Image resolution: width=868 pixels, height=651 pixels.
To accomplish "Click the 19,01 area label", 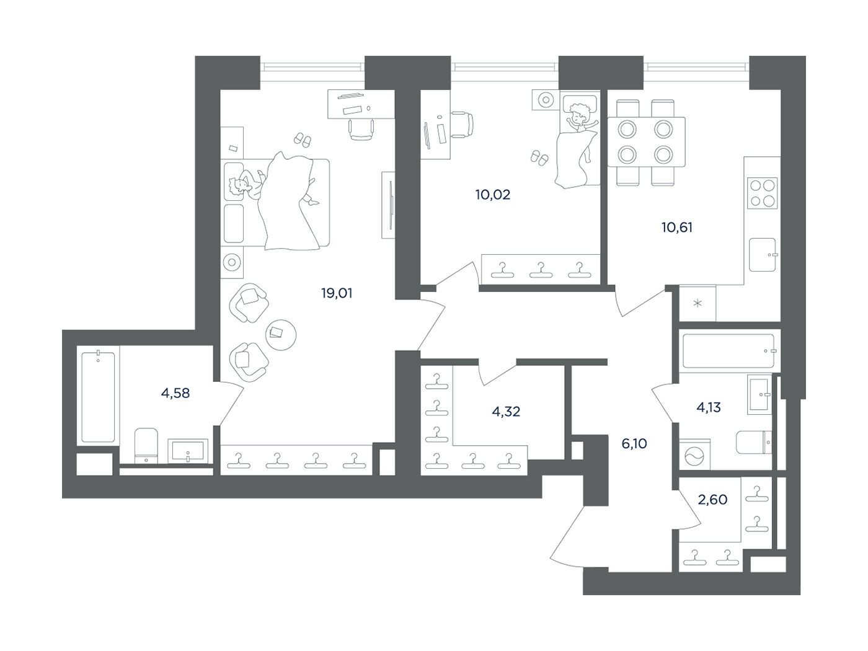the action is coord(337,293).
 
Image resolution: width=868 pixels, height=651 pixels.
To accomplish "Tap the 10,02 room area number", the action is coord(493,195).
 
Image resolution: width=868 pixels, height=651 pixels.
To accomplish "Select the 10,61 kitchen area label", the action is coord(677,228).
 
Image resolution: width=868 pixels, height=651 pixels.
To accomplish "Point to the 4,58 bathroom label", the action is coord(175,393).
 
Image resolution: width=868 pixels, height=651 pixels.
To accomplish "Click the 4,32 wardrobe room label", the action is coord(506,412).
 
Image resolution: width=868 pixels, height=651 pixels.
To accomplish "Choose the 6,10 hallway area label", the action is coord(634,444).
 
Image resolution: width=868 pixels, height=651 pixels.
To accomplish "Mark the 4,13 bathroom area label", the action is coord(709,407).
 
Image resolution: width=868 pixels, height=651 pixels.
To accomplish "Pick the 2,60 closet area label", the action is coord(712,500).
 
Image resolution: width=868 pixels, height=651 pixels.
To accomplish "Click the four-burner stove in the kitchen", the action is coord(763,193).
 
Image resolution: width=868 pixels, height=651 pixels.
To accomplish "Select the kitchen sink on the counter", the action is coord(763,255).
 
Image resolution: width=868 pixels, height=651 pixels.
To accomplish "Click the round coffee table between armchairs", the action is coord(280,335).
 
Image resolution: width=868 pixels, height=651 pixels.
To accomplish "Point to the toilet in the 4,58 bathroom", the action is coord(146,445).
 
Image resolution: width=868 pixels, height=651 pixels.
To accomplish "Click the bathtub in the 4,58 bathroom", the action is coord(98,397).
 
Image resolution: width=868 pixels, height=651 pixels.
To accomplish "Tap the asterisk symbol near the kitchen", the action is coord(698,304).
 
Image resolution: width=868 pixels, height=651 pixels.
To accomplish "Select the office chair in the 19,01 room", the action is coord(361,128).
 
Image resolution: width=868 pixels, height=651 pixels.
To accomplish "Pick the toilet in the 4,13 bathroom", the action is coord(754,442).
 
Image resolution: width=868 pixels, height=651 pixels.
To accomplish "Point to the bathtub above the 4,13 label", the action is coord(728,351).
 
